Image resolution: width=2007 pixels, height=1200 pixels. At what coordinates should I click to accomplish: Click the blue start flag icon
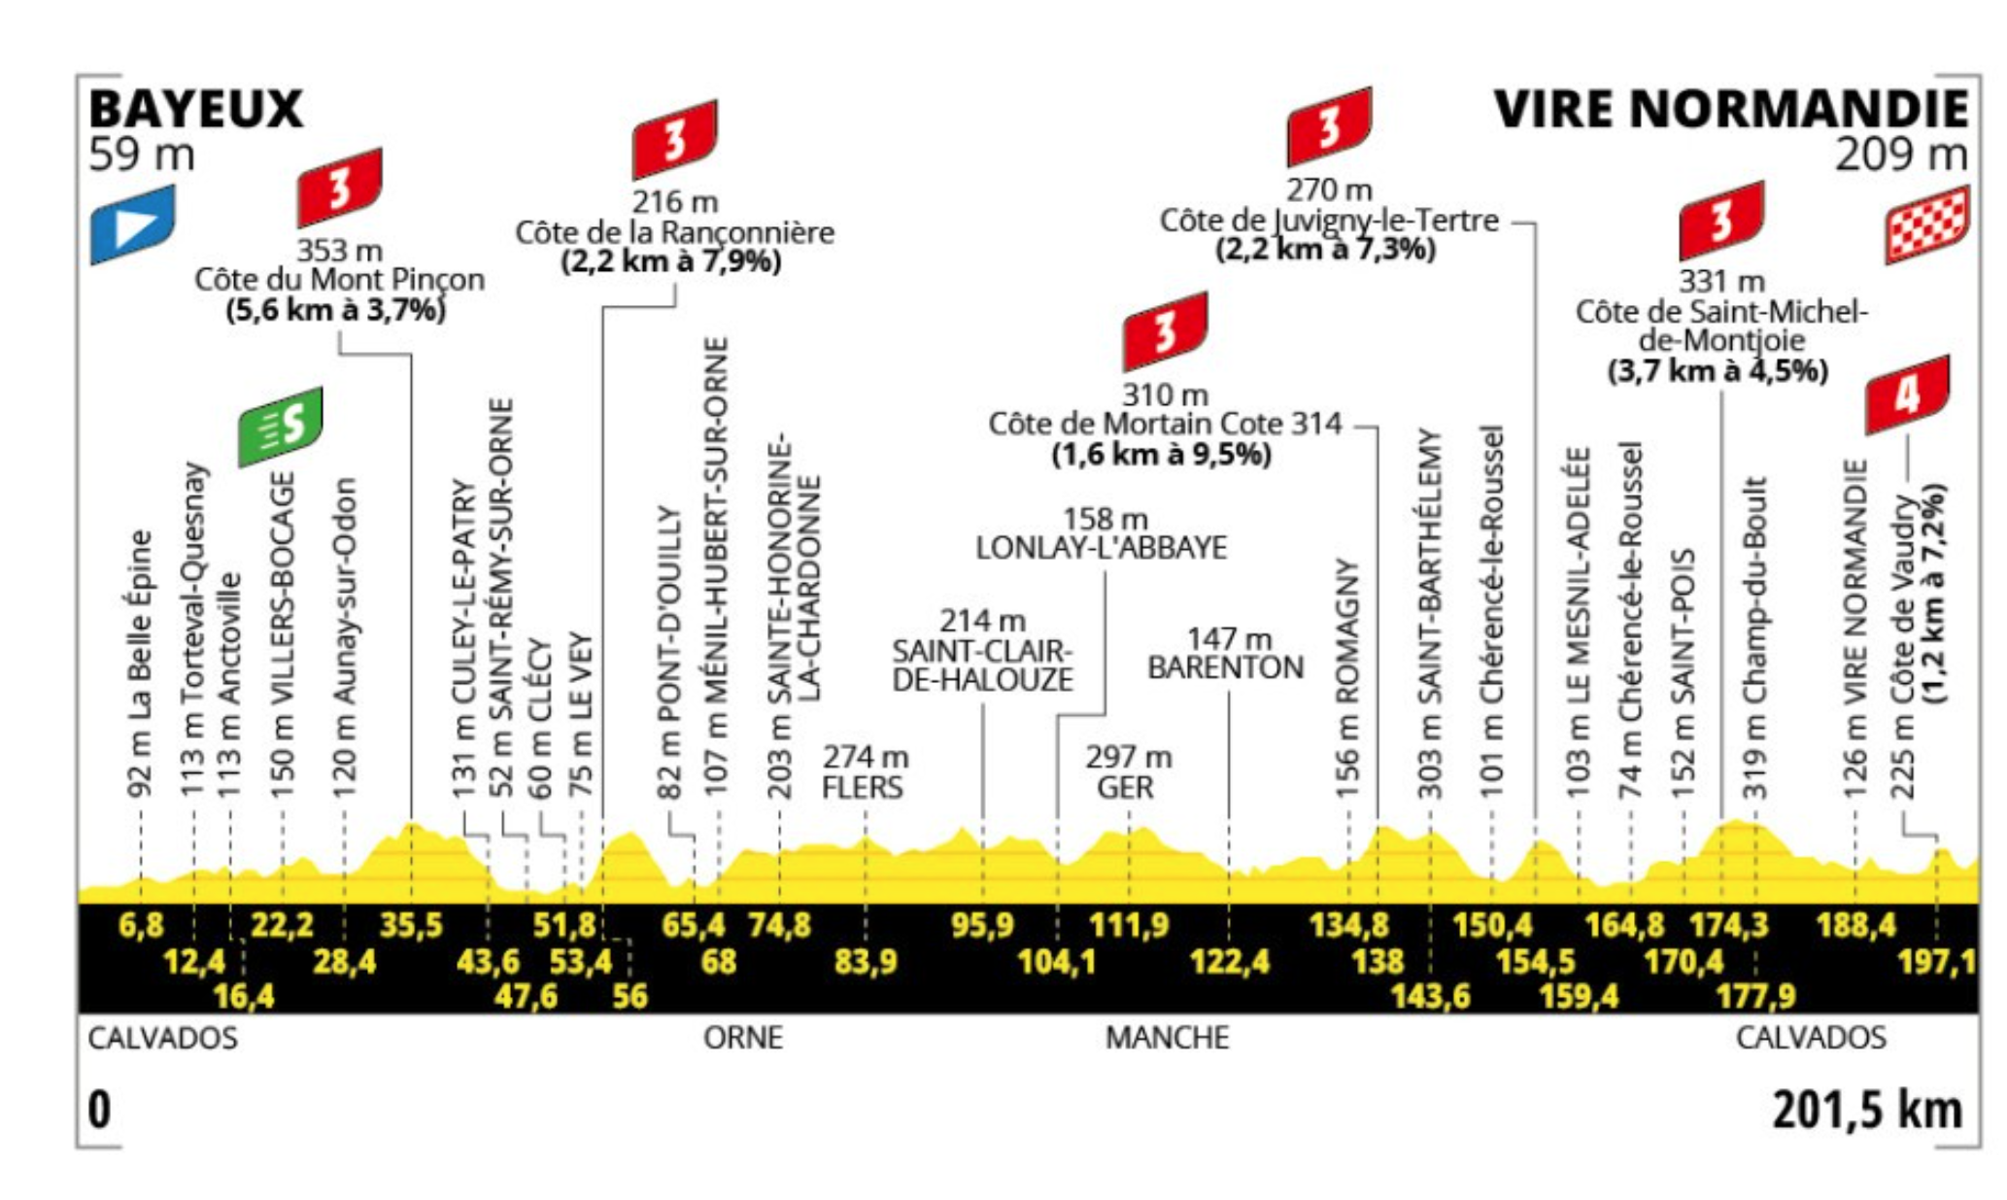pos(133,224)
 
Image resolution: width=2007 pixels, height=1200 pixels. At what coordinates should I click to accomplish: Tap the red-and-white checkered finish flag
pos(1926,224)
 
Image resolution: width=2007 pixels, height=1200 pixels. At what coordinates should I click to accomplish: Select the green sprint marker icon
pos(281,426)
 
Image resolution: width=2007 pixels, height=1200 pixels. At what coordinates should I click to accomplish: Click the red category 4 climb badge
pos(1907,394)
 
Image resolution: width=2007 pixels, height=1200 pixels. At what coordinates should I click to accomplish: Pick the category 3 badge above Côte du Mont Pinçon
pos(339,188)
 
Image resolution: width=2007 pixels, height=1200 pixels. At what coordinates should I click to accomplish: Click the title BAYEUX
pos(196,109)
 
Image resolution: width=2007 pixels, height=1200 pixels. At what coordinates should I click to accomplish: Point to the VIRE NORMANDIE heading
pos(1731,109)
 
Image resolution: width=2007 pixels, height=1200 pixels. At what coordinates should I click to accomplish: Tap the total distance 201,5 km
pos(1867,1110)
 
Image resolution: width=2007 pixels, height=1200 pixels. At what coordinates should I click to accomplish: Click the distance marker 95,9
pos(982,925)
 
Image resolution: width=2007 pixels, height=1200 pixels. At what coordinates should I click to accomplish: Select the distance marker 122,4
pos(1230,962)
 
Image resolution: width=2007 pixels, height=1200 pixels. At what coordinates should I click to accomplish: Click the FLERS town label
pos(863,787)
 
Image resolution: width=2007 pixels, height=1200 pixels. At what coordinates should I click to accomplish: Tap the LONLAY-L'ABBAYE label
pos(1102,548)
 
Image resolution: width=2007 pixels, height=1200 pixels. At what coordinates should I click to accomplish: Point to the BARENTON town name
pos(1226,668)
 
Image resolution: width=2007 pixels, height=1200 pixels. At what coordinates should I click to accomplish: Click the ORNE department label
pos(743,1038)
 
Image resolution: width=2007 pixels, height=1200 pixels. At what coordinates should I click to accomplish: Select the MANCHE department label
pos(1167,1038)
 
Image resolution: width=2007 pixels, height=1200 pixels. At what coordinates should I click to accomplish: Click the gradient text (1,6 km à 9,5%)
pos(1161,455)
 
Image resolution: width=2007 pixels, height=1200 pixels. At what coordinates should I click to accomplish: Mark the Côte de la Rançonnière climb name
pos(674,233)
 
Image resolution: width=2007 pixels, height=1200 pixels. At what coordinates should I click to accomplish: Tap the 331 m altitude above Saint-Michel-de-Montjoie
pos(1721,282)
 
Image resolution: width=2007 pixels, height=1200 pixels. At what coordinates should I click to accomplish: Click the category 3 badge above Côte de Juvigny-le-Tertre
pos(1329,126)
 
